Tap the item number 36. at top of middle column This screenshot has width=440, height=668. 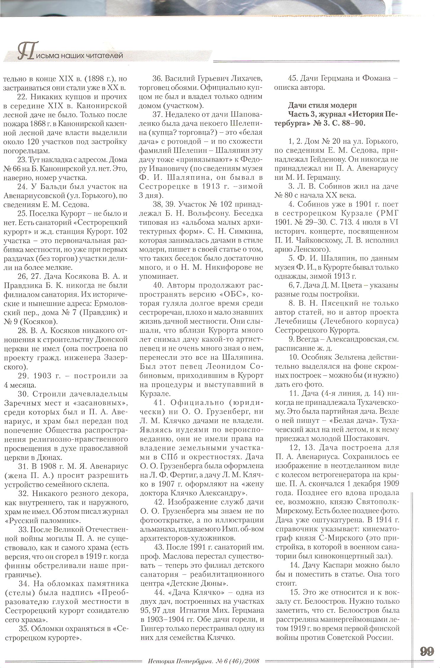pyautogui.click(x=158, y=79)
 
